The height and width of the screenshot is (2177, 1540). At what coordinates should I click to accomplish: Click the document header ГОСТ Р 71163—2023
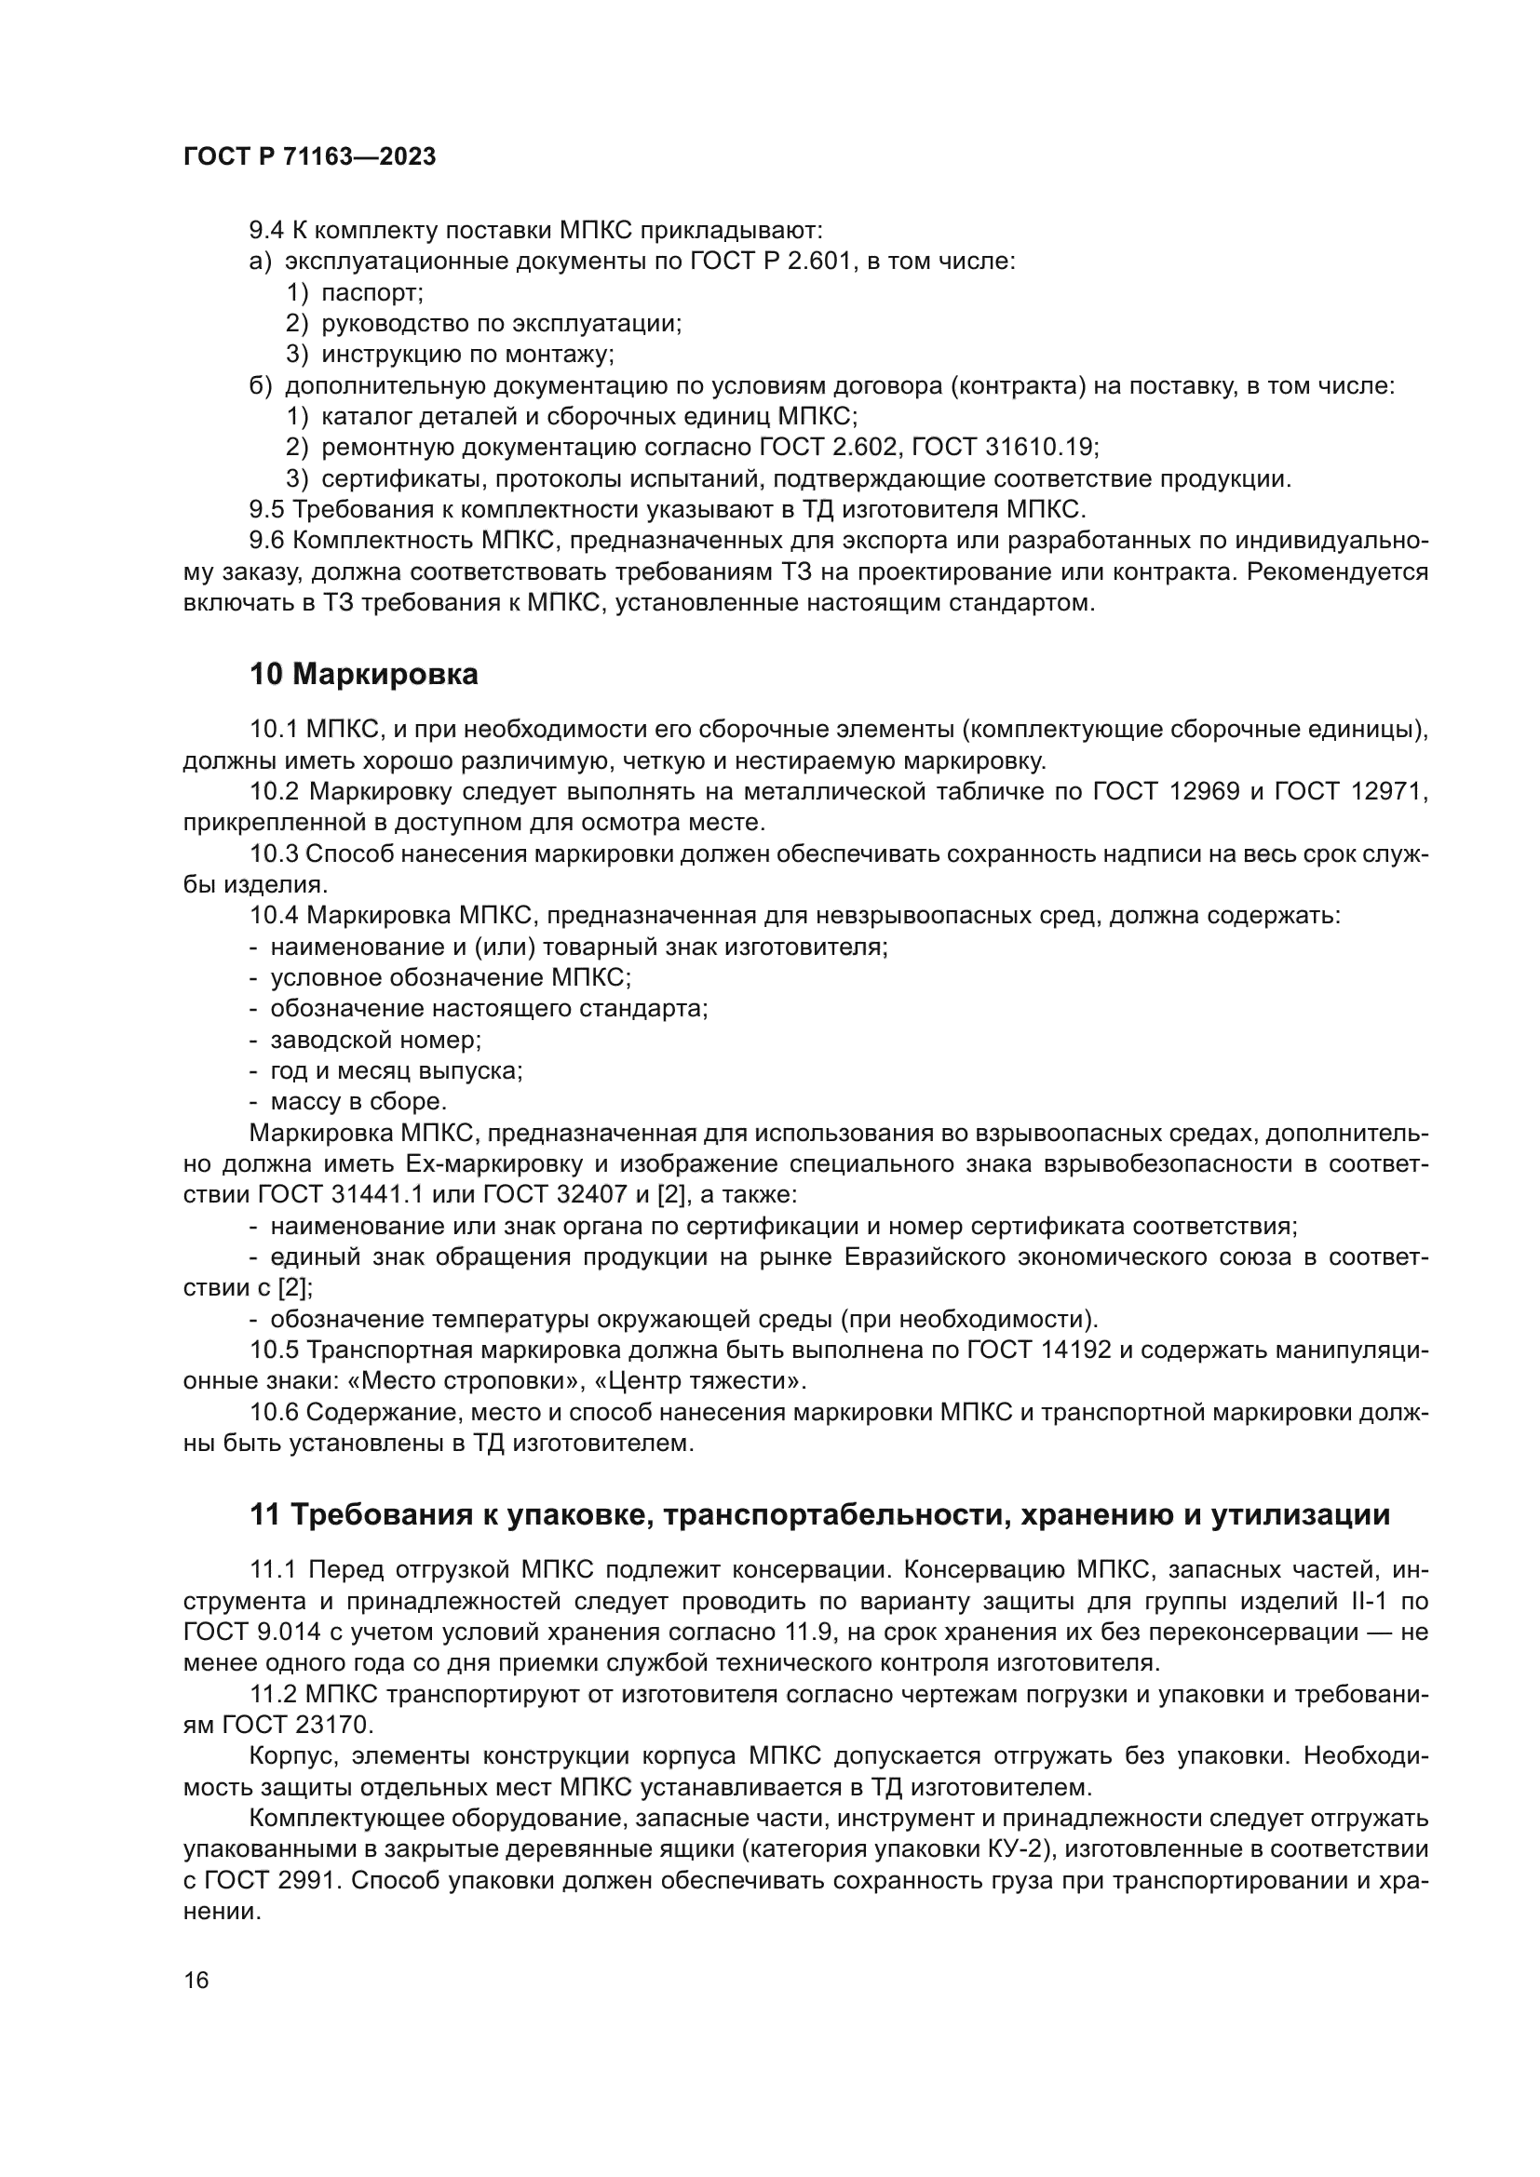(309, 157)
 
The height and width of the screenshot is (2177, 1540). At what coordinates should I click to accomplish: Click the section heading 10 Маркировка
(364, 674)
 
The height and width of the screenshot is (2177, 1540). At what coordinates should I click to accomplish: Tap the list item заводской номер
(375, 1041)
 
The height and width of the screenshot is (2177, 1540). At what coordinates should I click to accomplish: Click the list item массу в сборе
(358, 1102)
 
